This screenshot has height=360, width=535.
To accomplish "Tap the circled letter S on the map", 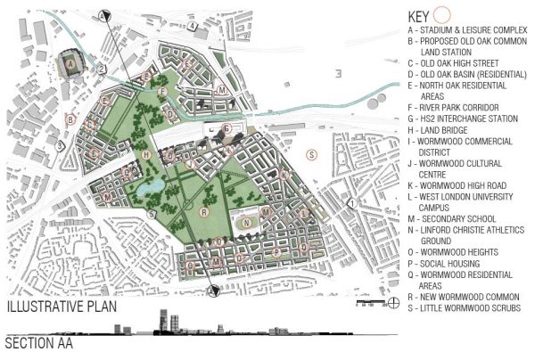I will [x=311, y=154].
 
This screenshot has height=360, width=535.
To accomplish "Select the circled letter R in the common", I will [x=204, y=212].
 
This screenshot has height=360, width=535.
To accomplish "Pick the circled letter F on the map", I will [x=161, y=92].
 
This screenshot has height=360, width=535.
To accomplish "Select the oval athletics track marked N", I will [x=246, y=220].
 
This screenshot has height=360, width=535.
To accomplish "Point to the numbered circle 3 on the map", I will [x=60, y=145].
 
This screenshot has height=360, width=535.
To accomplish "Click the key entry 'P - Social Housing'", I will [x=442, y=264].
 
